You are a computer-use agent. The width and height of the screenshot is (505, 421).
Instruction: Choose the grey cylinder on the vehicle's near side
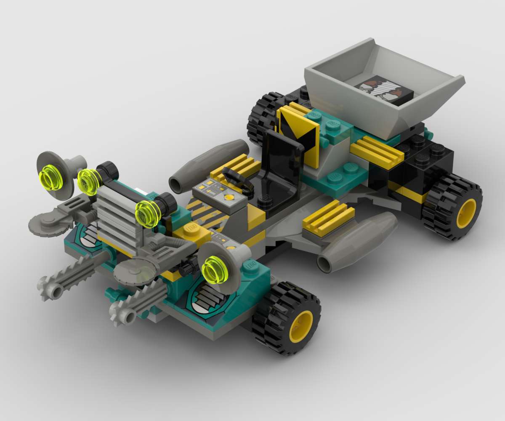click(x=358, y=242)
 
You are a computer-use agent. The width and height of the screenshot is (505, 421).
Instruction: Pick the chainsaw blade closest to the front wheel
click(x=135, y=301)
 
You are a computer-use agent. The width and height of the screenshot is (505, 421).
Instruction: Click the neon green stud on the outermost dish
click(x=50, y=178)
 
